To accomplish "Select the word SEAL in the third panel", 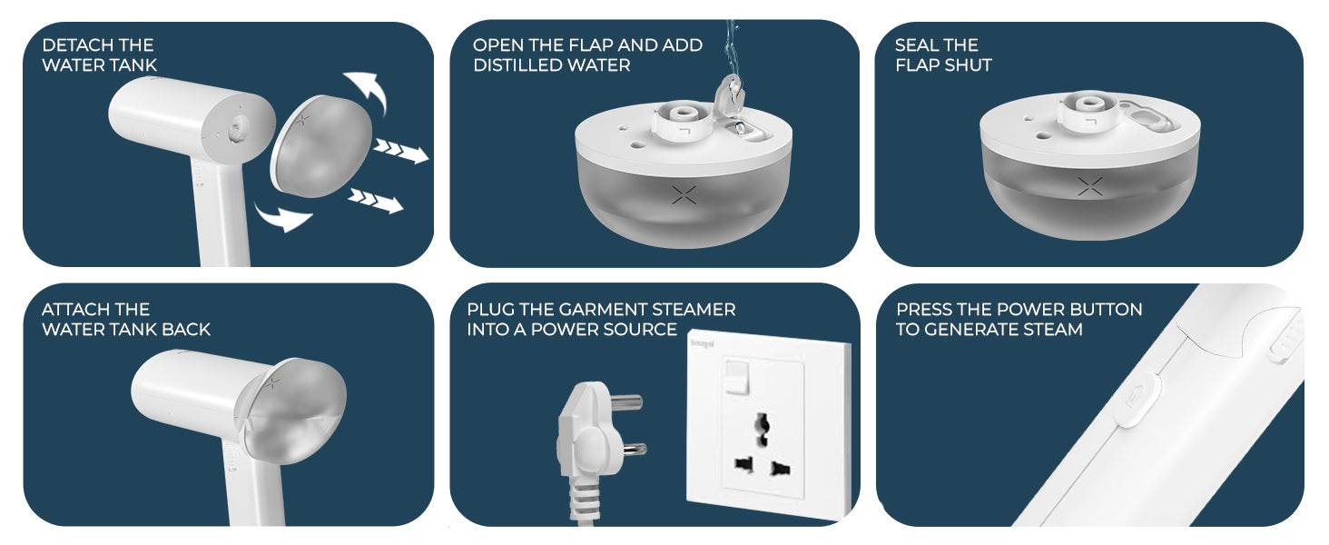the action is click(917, 45).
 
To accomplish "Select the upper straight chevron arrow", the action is click(400, 151).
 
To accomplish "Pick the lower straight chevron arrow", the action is click(376, 200).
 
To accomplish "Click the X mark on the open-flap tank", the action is click(684, 194).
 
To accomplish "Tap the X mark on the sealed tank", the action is click(1090, 186).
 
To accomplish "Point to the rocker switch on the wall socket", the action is click(736, 376).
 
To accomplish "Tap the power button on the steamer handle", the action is click(1137, 398).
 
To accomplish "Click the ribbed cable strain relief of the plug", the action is click(584, 499).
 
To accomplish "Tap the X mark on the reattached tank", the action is click(272, 383).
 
